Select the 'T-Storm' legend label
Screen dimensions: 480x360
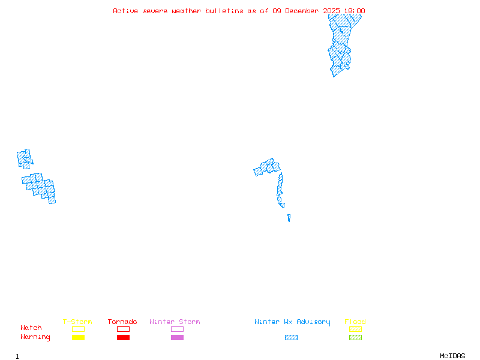(77, 322)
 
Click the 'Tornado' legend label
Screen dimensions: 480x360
(122, 322)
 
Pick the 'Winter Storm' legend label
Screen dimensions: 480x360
(175, 322)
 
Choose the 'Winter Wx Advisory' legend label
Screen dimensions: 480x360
(292, 322)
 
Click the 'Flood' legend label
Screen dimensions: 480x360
(355, 322)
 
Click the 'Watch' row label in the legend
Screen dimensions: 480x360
(31, 328)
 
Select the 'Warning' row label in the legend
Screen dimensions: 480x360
(35, 337)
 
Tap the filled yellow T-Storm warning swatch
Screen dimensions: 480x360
(78, 338)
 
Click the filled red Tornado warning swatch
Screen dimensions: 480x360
(123, 338)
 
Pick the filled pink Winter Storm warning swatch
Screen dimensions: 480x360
(177, 338)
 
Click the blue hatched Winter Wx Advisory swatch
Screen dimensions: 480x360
(291, 338)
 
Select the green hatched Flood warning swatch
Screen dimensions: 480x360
(355, 338)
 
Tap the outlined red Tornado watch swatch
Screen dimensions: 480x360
(123, 329)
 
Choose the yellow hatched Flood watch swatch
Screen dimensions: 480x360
(355, 329)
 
